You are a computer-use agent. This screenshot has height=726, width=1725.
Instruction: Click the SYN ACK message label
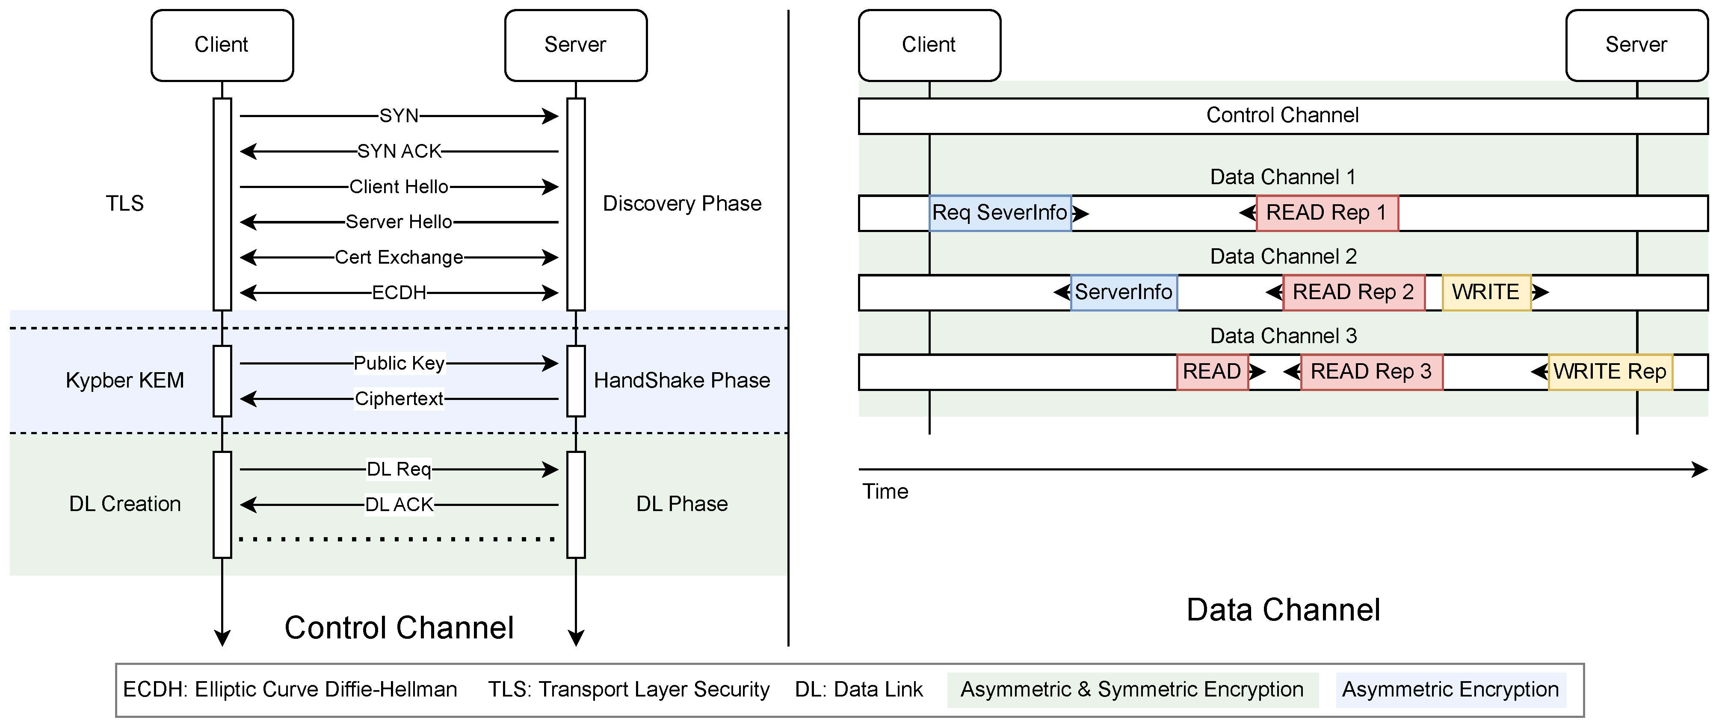[399, 151]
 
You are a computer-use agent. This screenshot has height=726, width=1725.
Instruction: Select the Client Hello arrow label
[399, 187]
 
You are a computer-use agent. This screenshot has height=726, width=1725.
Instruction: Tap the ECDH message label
[399, 292]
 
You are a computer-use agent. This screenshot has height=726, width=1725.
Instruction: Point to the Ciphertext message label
[399, 399]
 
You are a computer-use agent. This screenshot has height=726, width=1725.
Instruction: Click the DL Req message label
[399, 469]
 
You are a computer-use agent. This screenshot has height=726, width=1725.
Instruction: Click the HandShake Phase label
[682, 380]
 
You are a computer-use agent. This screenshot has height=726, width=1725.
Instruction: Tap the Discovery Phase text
[682, 203]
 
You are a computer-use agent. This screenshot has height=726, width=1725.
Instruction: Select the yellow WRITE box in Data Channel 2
[1486, 292]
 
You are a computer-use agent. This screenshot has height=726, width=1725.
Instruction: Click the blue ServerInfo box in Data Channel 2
[1124, 292]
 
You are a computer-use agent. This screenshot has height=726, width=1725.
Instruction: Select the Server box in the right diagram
[1636, 45]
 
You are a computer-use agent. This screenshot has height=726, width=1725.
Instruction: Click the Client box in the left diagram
[222, 45]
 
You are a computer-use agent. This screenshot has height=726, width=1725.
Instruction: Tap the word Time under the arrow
[885, 492]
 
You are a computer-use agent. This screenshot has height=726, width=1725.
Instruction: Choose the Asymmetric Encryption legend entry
[1450, 690]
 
